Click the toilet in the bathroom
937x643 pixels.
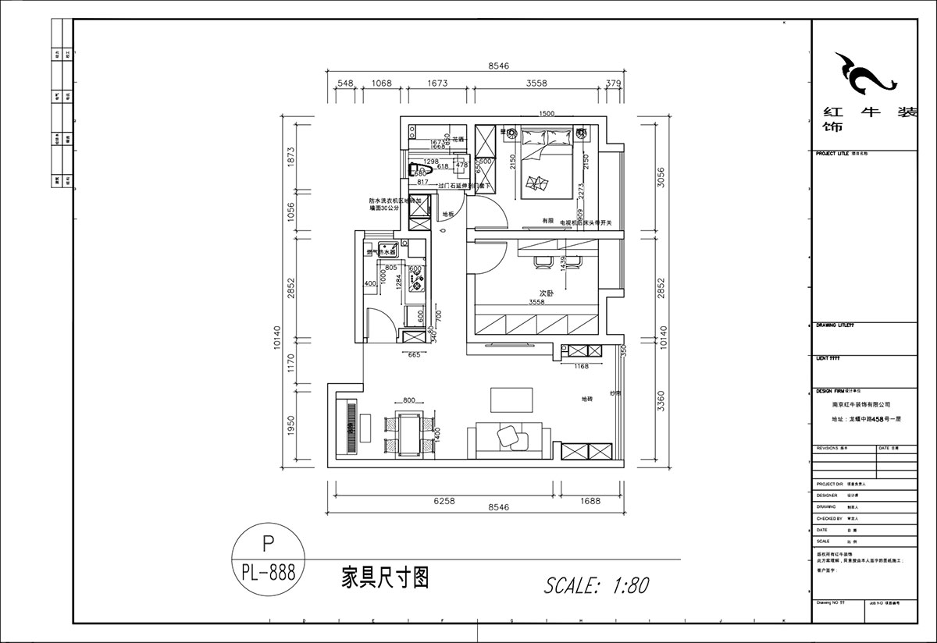pyautogui.click(x=418, y=169)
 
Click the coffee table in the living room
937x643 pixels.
pyautogui.click(x=511, y=400)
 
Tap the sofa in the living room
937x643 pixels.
pyautogui.click(x=505, y=439)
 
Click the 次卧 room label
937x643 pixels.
pyautogui.click(x=546, y=293)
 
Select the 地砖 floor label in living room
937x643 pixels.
pyautogui.click(x=586, y=399)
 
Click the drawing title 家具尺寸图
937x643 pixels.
pyautogui.click(x=386, y=577)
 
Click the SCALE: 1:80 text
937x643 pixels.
pyautogui.click(x=596, y=584)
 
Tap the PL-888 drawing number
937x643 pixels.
pyautogui.click(x=268, y=574)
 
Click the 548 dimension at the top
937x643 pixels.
pyautogui.click(x=345, y=83)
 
